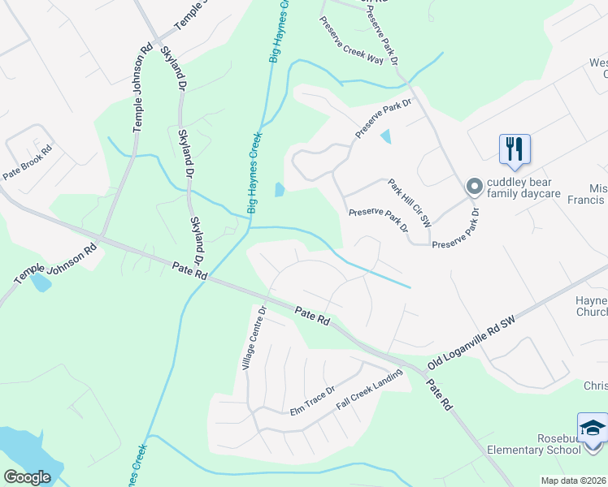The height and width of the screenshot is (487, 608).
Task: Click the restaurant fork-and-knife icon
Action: pos(515,149)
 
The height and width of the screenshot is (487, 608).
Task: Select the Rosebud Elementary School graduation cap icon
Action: pos(593,428)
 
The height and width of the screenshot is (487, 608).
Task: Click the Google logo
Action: pos(28,476)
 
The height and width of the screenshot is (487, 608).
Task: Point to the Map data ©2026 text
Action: pos(573,481)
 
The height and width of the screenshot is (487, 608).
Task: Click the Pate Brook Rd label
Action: pos(27,162)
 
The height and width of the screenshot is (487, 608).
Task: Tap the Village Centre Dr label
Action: pos(254,338)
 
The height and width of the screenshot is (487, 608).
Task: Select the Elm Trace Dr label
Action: pos(313,401)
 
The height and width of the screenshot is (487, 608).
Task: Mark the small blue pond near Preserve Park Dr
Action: pos(385,136)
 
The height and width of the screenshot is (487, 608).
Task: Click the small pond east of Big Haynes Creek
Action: pos(280,190)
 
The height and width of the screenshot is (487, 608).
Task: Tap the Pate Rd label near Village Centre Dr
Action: pos(311,317)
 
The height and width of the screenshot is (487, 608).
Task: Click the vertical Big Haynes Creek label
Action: pos(255,173)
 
